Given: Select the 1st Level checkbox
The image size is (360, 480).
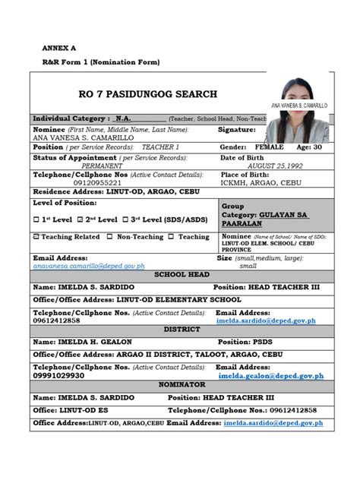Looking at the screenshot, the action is pos(36,219).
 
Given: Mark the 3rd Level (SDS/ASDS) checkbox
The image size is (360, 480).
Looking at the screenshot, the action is pos(125,219).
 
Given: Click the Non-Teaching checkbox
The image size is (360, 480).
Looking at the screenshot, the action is pos(110,237).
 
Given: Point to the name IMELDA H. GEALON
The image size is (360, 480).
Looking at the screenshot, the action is pos(90,342).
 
